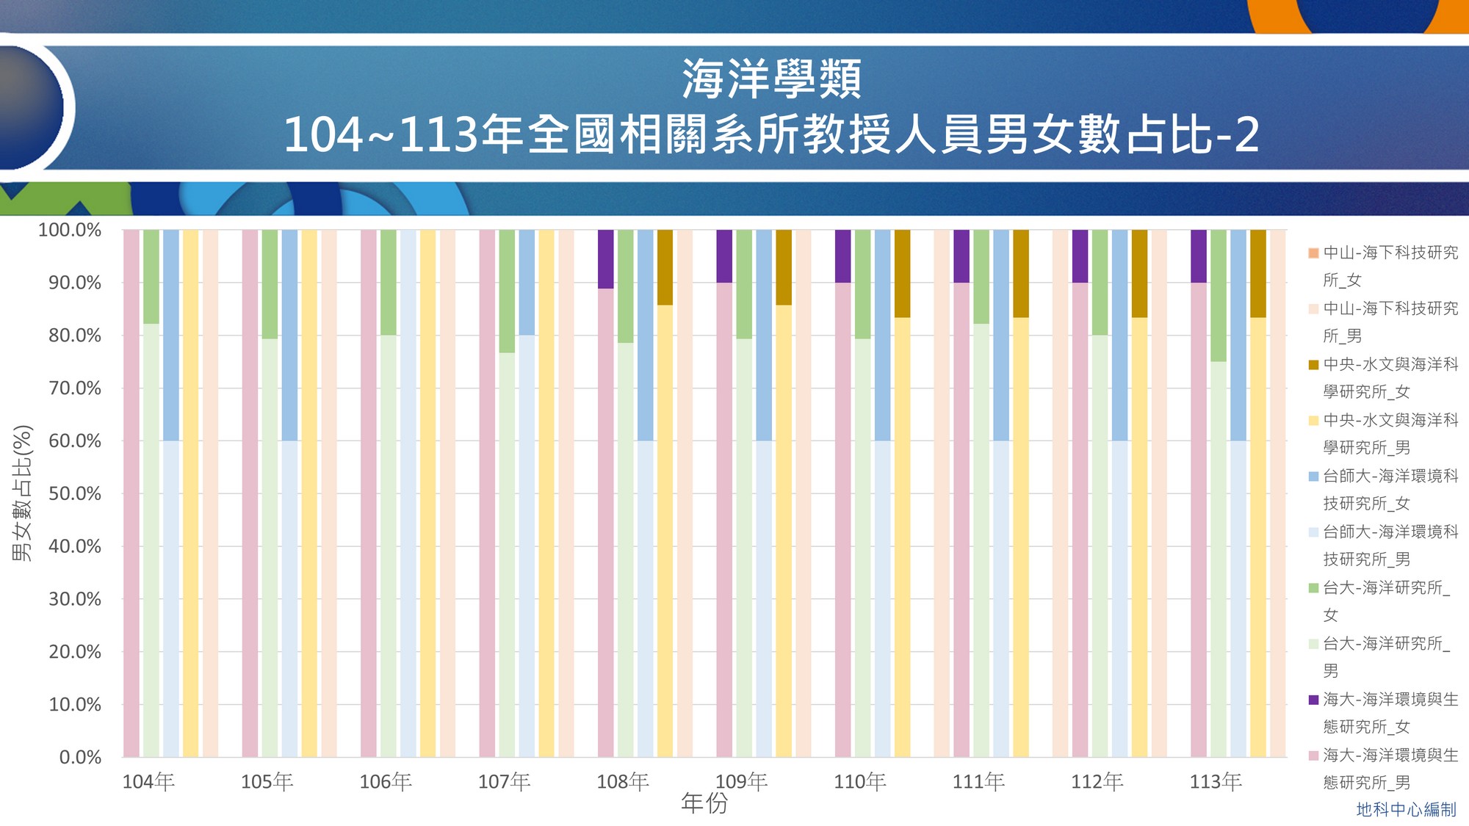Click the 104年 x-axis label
(148, 781)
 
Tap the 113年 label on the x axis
(1216, 781)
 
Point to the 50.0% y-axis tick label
(75, 493)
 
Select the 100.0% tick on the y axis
(70, 230)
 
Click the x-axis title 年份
(704, 803)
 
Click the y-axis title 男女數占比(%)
(22, 493)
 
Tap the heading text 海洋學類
(771, 79)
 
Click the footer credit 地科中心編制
(1406, 809)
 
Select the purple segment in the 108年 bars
(605, 258)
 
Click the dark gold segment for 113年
(1257, 273)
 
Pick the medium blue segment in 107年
(527, 282)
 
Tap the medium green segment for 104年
(151, 276)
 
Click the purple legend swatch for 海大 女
(1313, 700)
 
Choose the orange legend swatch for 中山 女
(1313, 253)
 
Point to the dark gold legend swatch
(1313, 365)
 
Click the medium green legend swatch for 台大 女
(1313, 588)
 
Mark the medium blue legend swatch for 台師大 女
(1313, 477)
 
